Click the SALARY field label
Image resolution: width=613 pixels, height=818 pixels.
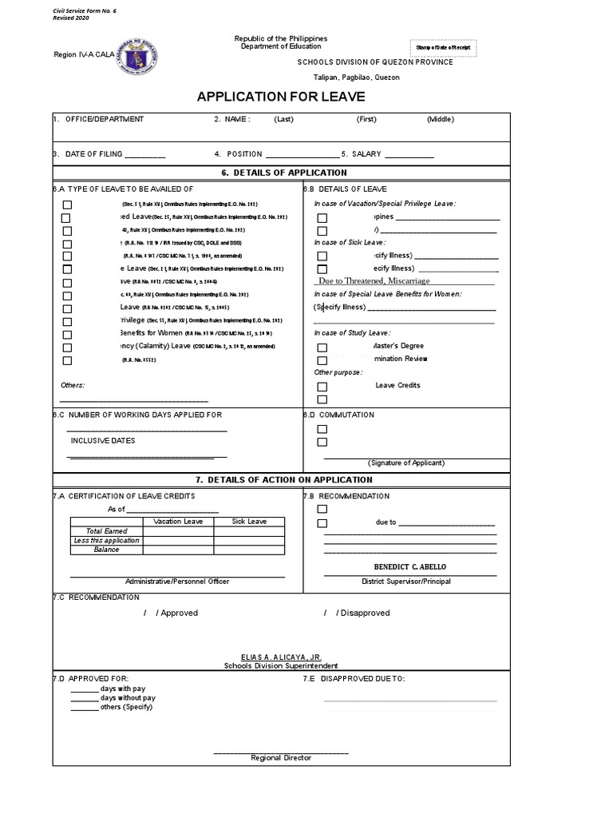(366, 153)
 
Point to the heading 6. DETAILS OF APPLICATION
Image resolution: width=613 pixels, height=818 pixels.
(284, 173)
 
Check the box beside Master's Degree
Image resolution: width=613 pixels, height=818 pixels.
(322, 347)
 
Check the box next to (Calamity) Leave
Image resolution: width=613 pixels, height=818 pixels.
(67, 347)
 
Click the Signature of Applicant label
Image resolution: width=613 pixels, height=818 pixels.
(406, 463)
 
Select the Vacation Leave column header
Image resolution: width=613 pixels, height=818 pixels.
(178, 522)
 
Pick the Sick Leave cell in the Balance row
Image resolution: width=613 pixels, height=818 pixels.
(249, 550)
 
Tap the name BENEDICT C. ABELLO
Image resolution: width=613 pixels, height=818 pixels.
(410, 566)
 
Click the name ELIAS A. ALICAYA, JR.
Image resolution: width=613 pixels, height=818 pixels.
(280, 656)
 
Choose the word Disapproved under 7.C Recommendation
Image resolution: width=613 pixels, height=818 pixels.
(363, 613)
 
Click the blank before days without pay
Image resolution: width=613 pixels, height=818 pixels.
(84, 697)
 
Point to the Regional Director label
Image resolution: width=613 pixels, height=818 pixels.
(281, 757)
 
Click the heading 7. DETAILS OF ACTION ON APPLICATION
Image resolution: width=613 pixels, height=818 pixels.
(284, 480)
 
